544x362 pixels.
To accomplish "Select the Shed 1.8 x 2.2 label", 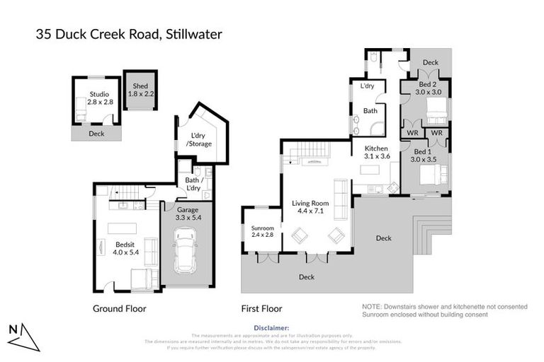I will (140, 89).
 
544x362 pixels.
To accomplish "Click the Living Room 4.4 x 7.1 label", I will (311, 208).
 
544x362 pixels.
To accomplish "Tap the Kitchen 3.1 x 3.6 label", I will (376, 151).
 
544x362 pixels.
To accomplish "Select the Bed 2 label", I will (428, 88).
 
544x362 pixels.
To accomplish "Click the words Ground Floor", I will (120, 309).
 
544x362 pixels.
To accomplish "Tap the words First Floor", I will (261, 309).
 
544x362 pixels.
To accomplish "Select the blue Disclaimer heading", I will (271, 328).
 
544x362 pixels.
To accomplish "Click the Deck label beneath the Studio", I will (96, 133).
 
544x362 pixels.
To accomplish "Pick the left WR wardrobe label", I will (411, 132).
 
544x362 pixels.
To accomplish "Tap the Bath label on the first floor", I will (370, 111).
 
